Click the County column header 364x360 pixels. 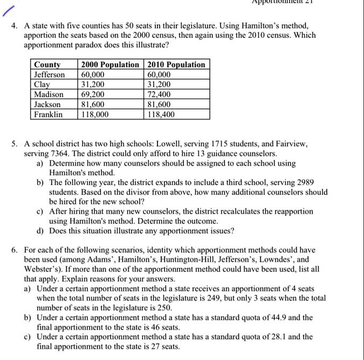(47, 65)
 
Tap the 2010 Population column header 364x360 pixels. (176, 65)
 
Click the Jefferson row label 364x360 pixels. (49, 74)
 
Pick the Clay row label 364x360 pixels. (42, 85)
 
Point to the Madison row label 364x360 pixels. (49, 94)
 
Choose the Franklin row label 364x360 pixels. (48, 114)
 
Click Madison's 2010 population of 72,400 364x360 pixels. (159, 94)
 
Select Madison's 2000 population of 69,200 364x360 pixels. (92, 94)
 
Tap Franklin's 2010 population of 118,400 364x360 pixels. (161, 114)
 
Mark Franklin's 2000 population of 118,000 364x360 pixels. (94, 114)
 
